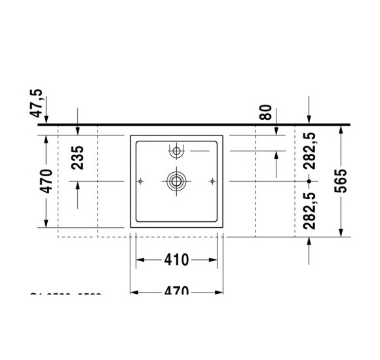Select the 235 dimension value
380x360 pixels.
tap(77, 158)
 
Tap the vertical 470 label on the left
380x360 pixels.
tap(46, 181)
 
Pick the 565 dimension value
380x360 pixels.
tap(340, 181)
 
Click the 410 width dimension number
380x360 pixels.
tap(176, 261)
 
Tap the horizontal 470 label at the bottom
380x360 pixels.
tap(176, 291)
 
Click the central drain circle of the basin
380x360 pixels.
tap(176, 181)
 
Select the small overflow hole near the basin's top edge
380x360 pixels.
tap(176, 152)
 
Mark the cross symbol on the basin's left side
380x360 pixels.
tap(140, 181)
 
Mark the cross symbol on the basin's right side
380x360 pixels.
tap(212, 181)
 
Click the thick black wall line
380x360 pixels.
tap(197, 124)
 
